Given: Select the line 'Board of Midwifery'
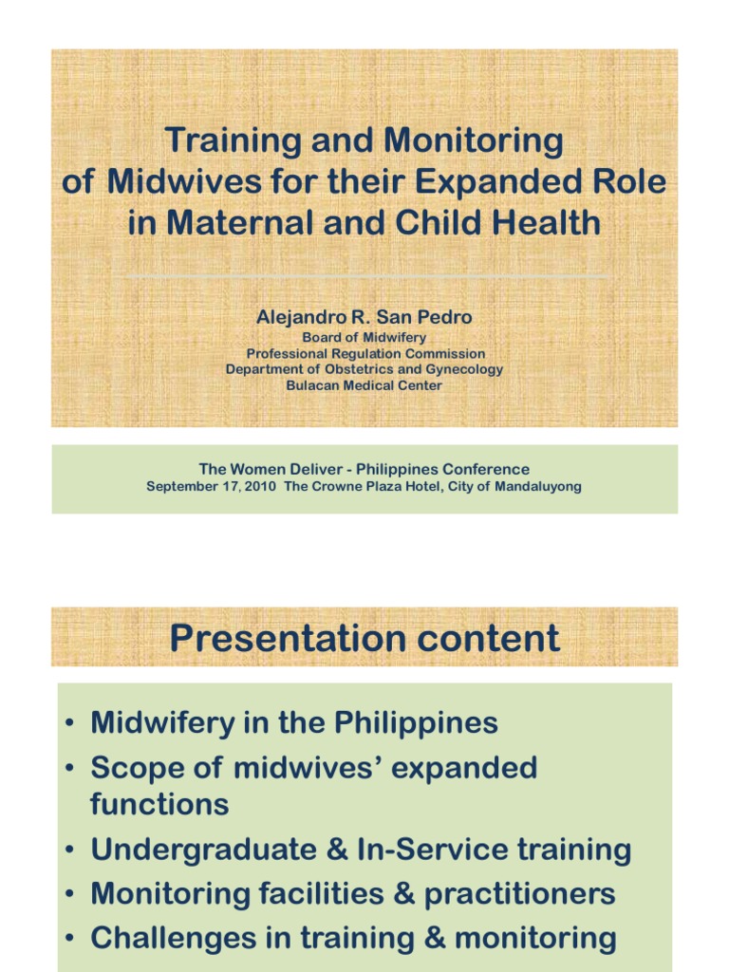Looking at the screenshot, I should [364, 338].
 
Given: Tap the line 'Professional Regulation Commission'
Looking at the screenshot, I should [364, 354].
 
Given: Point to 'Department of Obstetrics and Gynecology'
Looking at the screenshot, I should [364, 369].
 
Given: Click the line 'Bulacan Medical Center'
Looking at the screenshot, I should [364, 385].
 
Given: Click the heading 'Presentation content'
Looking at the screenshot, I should [364, 639].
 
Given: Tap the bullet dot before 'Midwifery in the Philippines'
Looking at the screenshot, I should [71, 724].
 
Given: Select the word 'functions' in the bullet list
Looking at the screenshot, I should [159, 805].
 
